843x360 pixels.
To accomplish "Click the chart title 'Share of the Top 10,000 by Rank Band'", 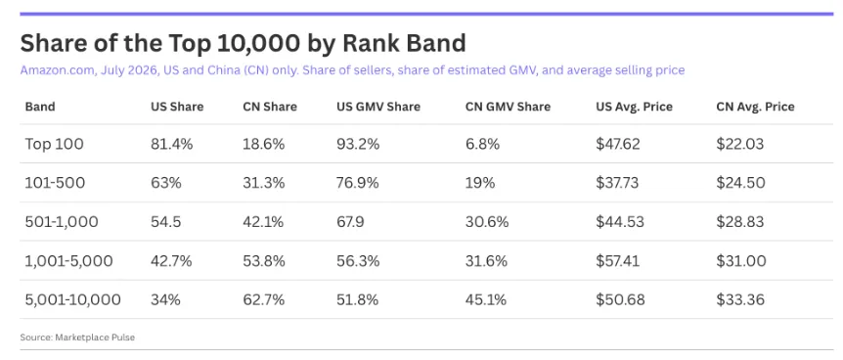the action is tap(243, 44).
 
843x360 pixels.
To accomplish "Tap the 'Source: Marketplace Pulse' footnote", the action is tap(77, 337).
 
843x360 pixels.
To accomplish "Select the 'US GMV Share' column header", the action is tap(378, 107).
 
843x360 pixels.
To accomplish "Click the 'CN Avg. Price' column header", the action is tap(755, 107).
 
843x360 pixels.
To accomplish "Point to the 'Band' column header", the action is tap(40, 107).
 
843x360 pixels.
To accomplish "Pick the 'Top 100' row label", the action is tap(55, 144).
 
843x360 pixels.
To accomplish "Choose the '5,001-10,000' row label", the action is tap(72, 299).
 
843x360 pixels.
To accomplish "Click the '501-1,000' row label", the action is tap(62, 222).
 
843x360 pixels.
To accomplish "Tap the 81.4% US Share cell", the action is tap(170, 144).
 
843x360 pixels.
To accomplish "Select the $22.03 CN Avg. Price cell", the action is tap(739, 144).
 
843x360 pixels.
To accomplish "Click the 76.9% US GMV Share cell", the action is tap(358, 183).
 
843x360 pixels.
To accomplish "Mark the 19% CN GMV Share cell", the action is tap(479, 183).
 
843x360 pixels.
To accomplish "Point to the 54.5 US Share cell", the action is tap(165, 222).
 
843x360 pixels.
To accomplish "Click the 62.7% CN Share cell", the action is tap(263, 299).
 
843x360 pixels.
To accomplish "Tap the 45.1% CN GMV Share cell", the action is tap(485, 299).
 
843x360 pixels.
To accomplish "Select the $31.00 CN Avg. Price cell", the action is tap(741, 261).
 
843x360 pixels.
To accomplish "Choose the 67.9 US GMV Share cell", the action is tap(352, 222).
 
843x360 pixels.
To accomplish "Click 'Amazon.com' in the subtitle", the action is tap(58, 70).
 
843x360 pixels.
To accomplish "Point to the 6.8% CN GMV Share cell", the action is tap(482, 144).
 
